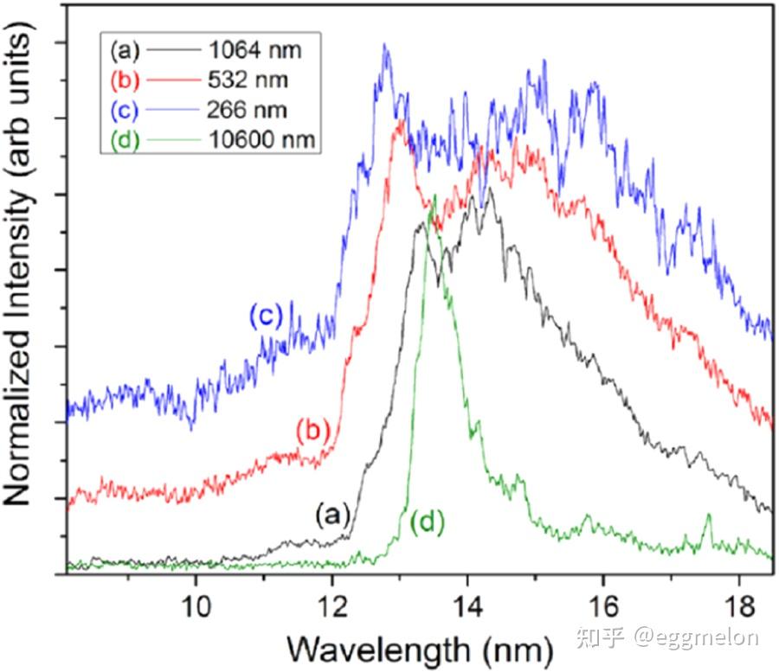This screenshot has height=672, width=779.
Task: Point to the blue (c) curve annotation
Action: click(266, 316)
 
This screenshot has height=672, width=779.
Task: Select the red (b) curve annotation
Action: click(312, 430)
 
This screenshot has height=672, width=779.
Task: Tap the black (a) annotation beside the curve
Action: click(331, 516)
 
